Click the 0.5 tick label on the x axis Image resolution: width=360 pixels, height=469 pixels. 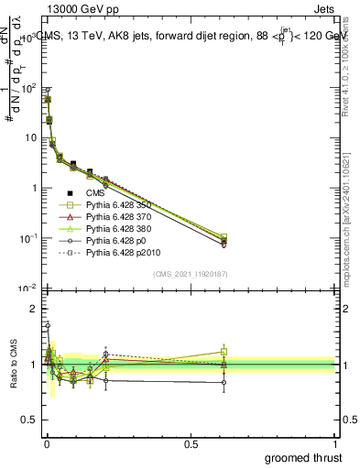pyautogui.click(x=191, y=442)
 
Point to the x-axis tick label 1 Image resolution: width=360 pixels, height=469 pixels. pyautogui.click(x=334, y=442)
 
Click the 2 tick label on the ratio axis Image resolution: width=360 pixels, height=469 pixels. pyautogui.click(x=34, y=309)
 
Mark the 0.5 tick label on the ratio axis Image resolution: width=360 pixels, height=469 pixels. pyautogui.click(x=29, y=420)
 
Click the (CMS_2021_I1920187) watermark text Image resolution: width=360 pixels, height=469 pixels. pyautogui.click(x=191, y=274)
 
